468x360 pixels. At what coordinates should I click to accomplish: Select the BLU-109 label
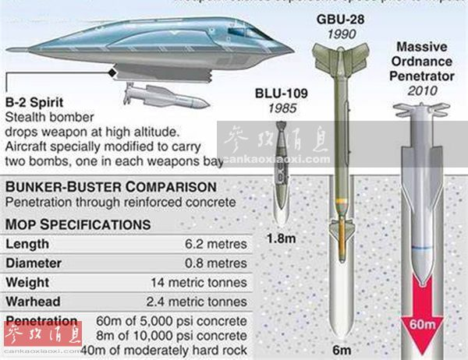282,95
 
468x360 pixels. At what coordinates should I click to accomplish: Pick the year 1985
282,110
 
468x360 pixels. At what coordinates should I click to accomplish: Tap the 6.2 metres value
214,244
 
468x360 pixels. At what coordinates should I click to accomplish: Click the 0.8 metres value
214,263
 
